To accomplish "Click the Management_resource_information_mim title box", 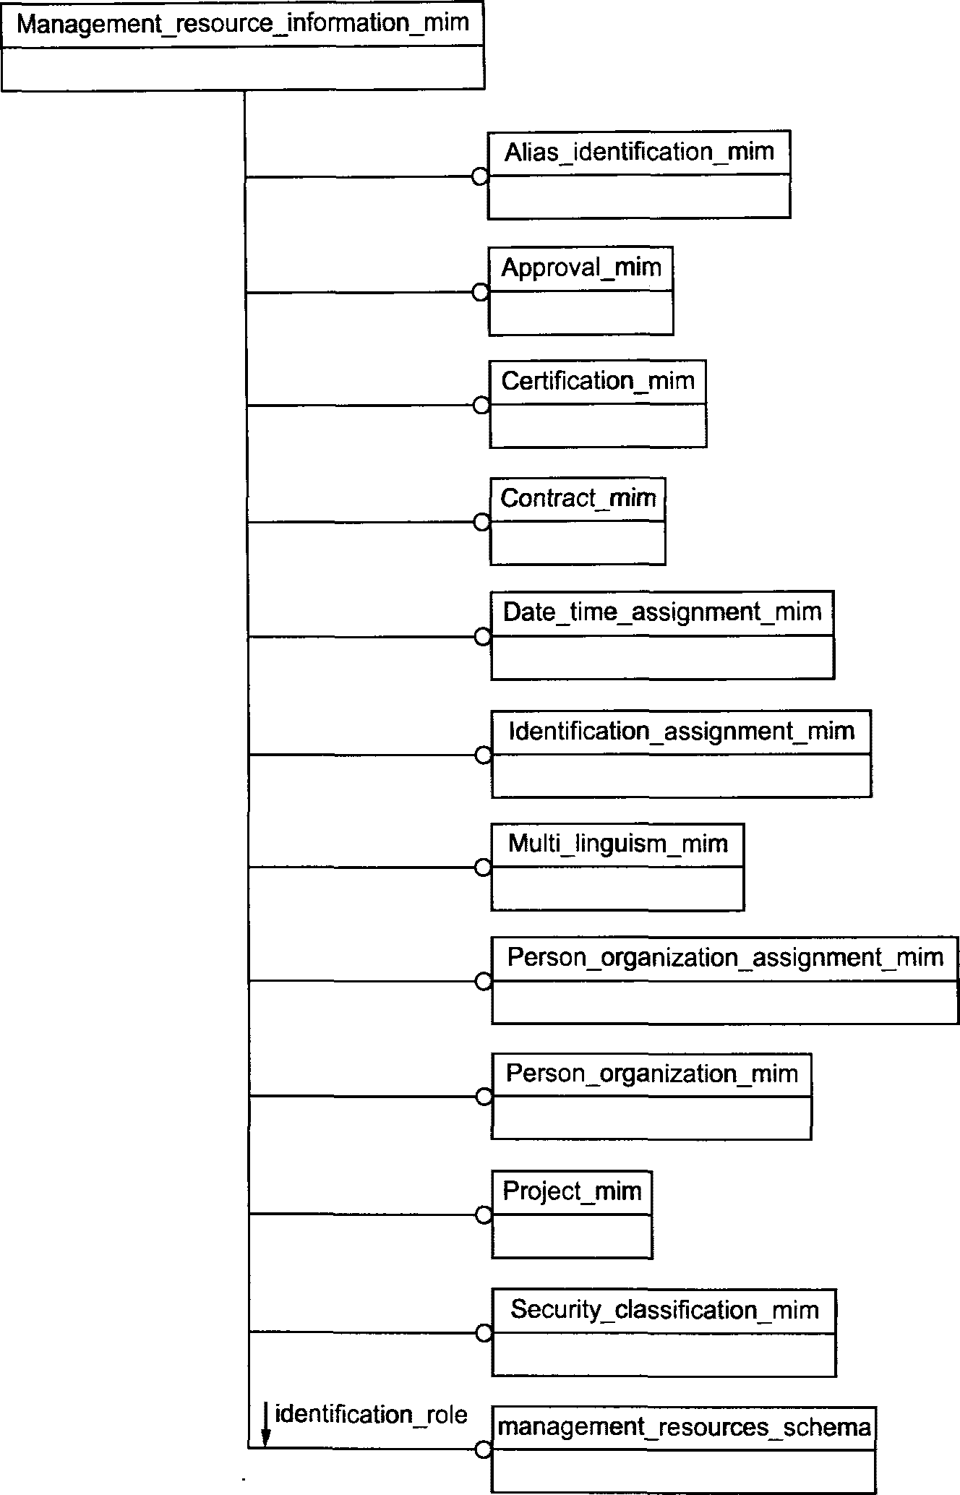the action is click(x=243, y=24).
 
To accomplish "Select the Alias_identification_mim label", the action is click(x=639, y=152).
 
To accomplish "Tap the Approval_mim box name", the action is click(x=581, y=268).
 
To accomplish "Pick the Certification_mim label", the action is click(x=598, y=381).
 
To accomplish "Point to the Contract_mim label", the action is click(x=578, y=498).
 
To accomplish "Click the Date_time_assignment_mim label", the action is click(x=662, y=612).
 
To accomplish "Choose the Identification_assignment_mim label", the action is click(x=681, y=731).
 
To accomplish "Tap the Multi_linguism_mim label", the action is click(x=617, y=844).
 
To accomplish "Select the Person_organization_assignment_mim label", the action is click(x=725, y=957).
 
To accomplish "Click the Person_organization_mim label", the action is click(x=651, y=1074).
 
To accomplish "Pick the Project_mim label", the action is click(x=572, y=1191).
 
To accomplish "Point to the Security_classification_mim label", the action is click(x=664, y=1309).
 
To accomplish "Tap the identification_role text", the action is click(x=371, y=1414).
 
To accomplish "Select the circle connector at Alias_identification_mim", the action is click(x=479, y=176).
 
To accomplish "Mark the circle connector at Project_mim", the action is click(x=484, y=1215).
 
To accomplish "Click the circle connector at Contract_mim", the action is click(x=481, y=523).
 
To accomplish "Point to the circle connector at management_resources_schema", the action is click(x=483, y=1449).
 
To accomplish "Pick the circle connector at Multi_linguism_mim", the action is click(x=483, y=868).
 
